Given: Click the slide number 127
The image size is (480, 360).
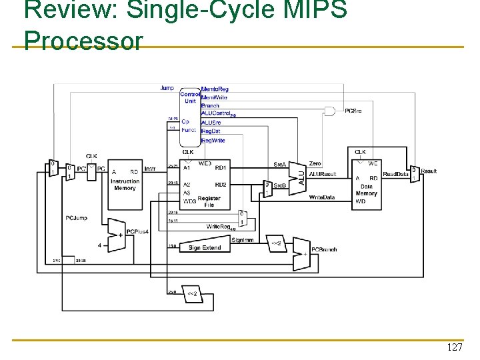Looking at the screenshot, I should (455, 348).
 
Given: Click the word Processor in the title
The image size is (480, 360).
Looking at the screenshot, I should (83, 41).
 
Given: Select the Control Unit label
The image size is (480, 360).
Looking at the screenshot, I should (189, 98).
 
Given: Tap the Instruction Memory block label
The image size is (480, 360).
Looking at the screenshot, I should (125, 185).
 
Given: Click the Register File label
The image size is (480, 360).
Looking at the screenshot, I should (209, 201).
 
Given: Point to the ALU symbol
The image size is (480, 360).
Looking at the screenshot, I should (300, 176).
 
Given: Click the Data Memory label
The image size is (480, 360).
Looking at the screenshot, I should (366, 190).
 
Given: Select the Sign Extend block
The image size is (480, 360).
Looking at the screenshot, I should (205, 247).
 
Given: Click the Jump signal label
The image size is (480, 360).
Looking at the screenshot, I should (167, 88).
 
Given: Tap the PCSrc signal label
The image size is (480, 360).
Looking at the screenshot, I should (354, 111).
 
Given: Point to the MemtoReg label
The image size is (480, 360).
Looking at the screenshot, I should (215, 89).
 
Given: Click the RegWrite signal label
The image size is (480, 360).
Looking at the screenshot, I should (213, 140).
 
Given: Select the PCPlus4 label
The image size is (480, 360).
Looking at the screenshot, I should (137, 231).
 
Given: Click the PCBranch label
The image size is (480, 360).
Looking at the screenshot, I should (323, 250).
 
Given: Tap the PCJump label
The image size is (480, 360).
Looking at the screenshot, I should (76, 218).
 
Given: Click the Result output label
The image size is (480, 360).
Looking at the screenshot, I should (429, 171).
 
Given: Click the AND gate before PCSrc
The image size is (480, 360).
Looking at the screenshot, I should (329, 111).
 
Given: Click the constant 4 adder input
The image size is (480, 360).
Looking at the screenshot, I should (99, 246).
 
